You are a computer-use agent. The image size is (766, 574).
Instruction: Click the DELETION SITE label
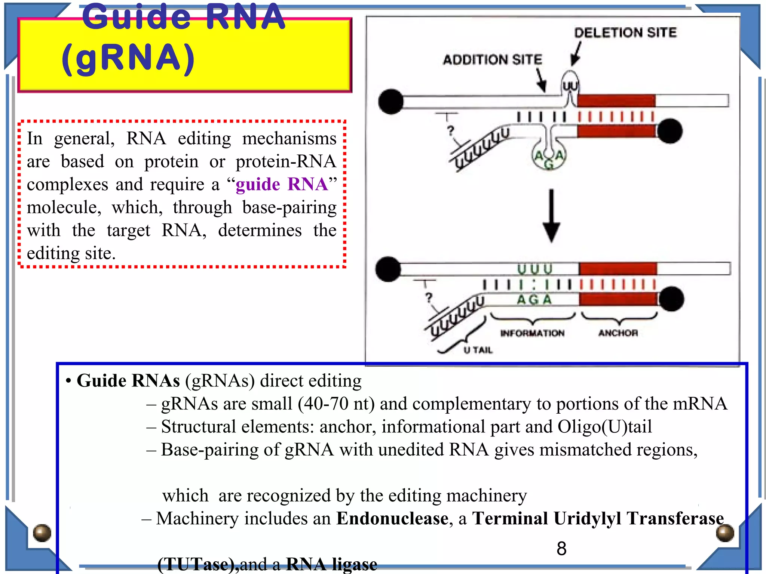625,33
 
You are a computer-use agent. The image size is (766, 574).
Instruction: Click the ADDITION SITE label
492,59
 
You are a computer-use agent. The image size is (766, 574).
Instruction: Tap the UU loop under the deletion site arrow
570,86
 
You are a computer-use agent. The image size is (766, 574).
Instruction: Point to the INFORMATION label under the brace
532,333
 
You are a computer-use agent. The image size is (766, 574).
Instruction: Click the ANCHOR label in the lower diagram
618,333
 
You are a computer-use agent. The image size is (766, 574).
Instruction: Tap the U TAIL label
478,350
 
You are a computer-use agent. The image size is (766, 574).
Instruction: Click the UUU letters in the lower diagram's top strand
535,269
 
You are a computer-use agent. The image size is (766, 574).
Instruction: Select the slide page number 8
561,549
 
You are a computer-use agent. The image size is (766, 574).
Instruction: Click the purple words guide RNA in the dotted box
282,184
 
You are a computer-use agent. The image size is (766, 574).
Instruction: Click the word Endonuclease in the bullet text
392,519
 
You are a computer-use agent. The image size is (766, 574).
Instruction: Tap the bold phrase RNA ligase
331,564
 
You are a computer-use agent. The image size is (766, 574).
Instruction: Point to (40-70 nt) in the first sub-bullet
336,404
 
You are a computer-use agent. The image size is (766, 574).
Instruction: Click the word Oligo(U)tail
604,427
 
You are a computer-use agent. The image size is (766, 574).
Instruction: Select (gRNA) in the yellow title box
128,58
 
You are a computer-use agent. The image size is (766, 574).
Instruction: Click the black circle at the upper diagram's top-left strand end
391,101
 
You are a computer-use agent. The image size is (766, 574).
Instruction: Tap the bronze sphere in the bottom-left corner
42,533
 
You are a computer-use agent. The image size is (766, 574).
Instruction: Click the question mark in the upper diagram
450,130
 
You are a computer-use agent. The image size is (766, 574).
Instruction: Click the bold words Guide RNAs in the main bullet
128,381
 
